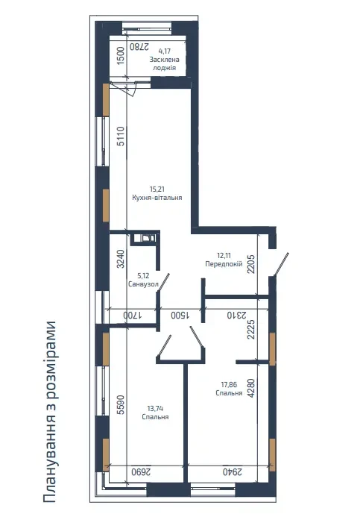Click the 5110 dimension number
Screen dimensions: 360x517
(121, 137)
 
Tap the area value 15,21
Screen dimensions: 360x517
(157, 189)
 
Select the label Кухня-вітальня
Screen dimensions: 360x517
(157, 198)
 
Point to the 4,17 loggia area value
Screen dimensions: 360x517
(165, 51)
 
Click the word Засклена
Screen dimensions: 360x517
(165, 60)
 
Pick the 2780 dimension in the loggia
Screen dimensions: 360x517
(139, 46)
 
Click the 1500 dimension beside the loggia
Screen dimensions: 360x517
(121, 55)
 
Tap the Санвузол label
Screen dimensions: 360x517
(143, 284)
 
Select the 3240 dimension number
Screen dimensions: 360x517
(121, 259)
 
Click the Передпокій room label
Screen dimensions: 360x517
(224, 264)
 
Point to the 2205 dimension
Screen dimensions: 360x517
(251, 264)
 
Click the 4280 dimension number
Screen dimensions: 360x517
(251, 388)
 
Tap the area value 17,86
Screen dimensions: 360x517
(229, 384)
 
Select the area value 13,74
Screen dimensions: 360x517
(155, 409)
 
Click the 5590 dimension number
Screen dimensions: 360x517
(121, 404)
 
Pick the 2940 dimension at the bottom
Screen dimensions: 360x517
(233, 471)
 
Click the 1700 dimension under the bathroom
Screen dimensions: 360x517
(133, 316)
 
